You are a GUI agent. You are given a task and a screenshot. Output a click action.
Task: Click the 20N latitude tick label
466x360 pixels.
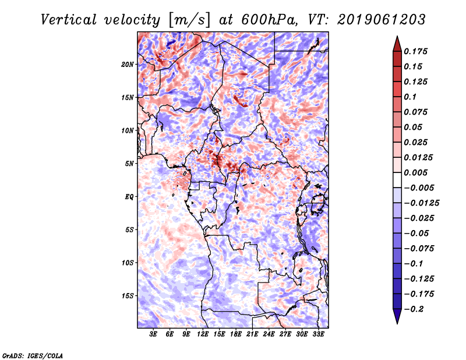(x=128, y=64)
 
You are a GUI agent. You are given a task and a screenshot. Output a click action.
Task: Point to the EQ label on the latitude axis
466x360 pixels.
(x=129, y=196)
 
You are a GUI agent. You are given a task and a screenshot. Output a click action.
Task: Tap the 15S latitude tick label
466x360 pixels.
(x=128, y=295)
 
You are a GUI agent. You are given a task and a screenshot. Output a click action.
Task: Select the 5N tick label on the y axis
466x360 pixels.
(x=129, y=163)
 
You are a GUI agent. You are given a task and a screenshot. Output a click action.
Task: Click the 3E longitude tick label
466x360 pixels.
(x=154, y=335)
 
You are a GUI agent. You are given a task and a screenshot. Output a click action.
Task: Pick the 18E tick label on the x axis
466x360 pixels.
(x=236, y=335)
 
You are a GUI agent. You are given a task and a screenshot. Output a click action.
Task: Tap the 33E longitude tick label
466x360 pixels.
(x=317, y=335)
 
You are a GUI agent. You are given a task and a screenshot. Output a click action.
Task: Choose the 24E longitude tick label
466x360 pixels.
(x=269, y=335)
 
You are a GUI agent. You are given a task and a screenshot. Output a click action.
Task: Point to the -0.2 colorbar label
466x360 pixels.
(x=415, y=309)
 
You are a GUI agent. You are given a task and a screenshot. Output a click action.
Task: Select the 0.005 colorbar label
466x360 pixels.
(x=417, y=172)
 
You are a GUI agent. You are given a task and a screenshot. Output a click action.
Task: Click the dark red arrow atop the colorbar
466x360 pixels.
(x=397, y=43)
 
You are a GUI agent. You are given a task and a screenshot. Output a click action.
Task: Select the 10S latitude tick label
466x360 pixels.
(x=128, y=262)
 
